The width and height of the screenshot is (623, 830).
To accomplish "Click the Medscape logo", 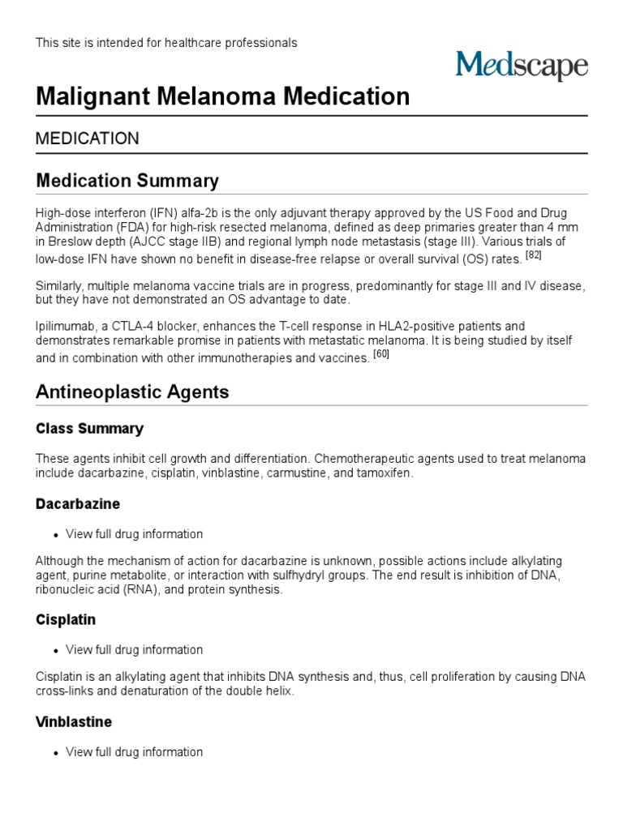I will [521, 66].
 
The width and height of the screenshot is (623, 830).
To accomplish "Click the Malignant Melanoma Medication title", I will [223, 97].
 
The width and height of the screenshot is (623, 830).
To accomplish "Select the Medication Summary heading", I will [127, 180].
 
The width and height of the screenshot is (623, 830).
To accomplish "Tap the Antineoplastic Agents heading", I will [132, 392].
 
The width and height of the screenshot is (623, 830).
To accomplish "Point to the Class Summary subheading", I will [89, 429].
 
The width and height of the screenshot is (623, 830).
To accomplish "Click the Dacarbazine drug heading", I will [78, 504].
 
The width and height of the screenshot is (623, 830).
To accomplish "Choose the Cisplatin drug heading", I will [66, 620].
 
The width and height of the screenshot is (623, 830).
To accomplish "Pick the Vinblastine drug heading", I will [74, 722].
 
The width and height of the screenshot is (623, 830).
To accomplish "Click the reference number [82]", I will [533, 255].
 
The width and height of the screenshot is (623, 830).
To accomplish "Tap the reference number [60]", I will [381, 353].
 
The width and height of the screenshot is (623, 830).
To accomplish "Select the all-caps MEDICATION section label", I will [88, 139].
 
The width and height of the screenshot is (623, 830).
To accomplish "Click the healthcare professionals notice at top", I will [166, 43].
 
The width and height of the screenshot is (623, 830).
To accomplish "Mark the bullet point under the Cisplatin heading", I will [56, 651].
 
